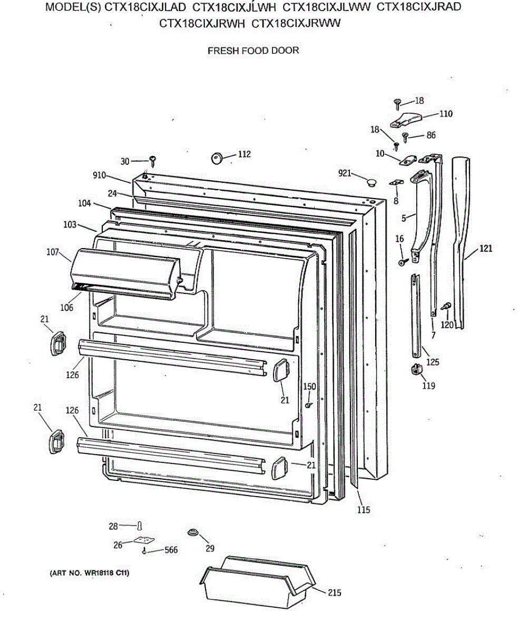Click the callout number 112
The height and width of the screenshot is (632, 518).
pyautogui.click(x=244, y=154)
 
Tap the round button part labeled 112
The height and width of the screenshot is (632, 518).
pyautogui.click(x=217, y=157)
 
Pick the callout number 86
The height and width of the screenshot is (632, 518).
pyautogui.click(x=431, y=135)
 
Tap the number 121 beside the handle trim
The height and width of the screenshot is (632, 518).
pyautogui.click(x=486, y=249)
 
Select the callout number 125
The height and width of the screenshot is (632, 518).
pyautogui.click(x=433, y=362)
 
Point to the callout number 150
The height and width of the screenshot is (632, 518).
pyautogui.click(x=309, y=387)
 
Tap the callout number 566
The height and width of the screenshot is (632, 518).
pyautogui.click(x=171, y=550)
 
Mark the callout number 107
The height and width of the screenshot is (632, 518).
pyautogui.click(x=53, y=252)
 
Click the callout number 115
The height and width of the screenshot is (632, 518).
pyautogui.click(x=363, y=509)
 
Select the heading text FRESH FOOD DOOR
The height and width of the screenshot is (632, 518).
pyautogui.click(x=253, y=51)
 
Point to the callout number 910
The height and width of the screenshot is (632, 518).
pyautogui.click(x=99, y=175)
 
